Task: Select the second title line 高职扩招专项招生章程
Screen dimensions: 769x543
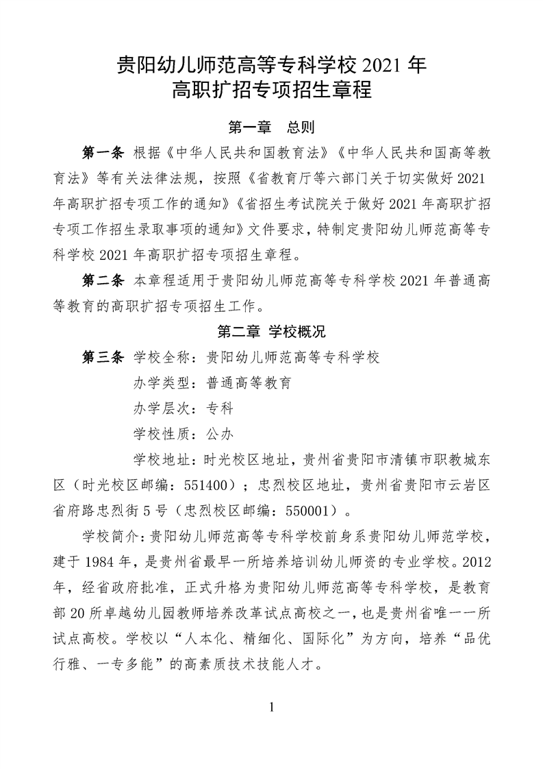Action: pyautogui.click(x=272, y=90)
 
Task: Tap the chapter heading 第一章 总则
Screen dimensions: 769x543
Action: pyautogui.click(x=271, y=127)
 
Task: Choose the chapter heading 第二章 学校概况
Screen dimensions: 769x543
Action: pyautogui.click(x=271, y=332)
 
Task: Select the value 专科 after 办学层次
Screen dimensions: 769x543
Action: pyautogui.click(x=220, y=408)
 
